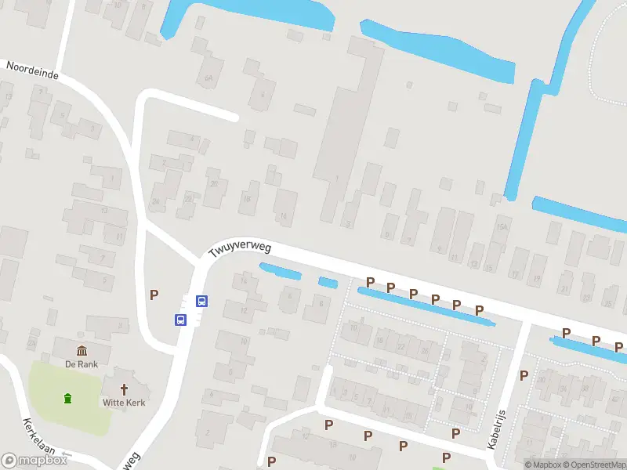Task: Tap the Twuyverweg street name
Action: point(240,249)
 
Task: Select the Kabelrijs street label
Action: point(496,428)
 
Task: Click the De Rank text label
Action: point(82,363)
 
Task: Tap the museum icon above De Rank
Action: point(82,350)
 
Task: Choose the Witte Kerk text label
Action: point(124,403)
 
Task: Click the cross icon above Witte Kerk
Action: point(124,389)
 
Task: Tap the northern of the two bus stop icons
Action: point(201,300)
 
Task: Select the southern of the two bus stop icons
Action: point(181,319)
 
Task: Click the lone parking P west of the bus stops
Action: point(154,295)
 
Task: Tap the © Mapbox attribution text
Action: point(543,465)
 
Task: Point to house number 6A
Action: point(208,78)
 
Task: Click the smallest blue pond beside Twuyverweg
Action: point(328,282)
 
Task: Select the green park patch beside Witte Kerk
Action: point(67,399)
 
